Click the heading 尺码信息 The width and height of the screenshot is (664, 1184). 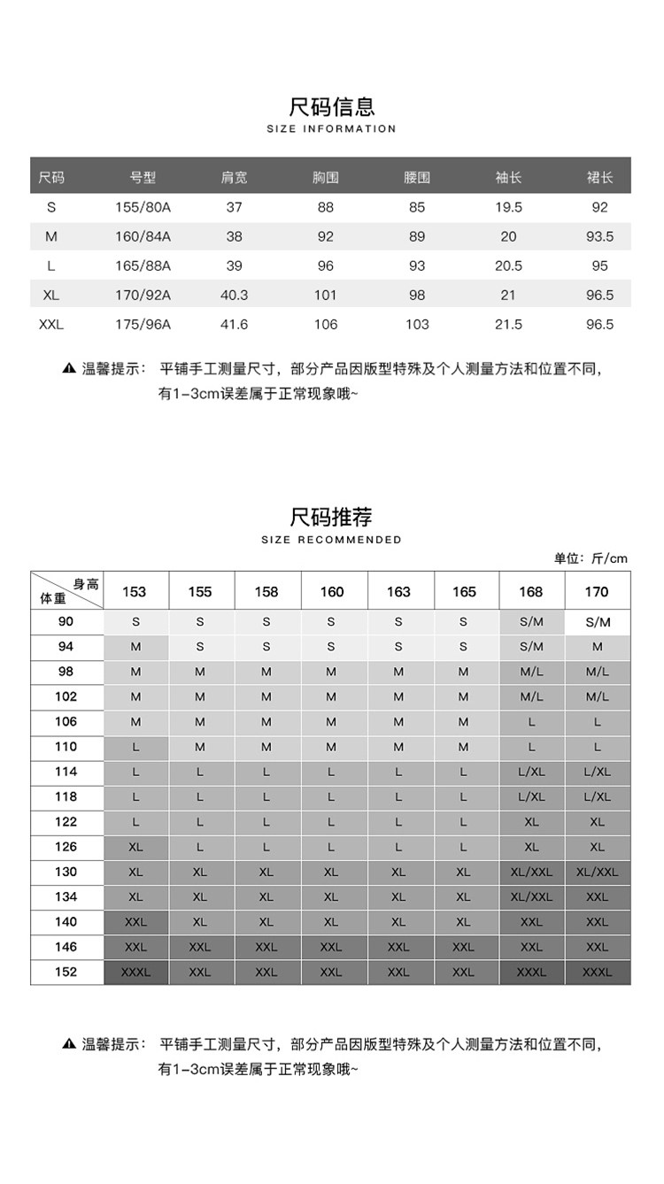(332, 106)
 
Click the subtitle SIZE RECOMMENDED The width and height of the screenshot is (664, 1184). (332, 540)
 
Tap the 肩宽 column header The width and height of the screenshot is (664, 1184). (234, 178)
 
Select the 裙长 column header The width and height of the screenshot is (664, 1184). (599, 178)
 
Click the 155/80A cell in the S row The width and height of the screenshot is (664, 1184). (143, 207)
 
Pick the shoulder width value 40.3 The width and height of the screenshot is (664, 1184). (234, 295)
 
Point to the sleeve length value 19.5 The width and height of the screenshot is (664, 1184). (508, 207)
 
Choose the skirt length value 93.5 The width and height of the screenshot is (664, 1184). (599, 236)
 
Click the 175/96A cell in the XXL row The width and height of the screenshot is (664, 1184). (143, 325)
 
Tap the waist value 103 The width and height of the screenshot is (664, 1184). (417, 325)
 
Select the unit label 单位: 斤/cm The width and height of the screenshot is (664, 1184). (591, 558)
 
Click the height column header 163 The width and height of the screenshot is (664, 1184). (398, 592)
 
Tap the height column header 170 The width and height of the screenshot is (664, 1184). (598, 592)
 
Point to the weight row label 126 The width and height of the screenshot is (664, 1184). (66, 847)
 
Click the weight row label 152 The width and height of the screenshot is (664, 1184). (66, 972)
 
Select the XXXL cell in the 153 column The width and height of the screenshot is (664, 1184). (135, 972)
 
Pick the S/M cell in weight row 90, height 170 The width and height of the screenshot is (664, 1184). (598, 622)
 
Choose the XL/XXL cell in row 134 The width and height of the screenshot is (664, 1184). (531, 896)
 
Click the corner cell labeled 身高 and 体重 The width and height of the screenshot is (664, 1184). (67, 591)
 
